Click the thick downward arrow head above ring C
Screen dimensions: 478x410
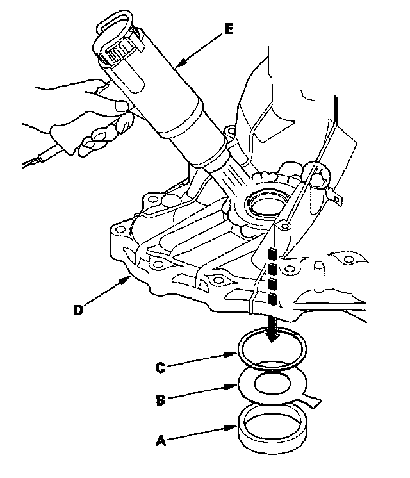[x=273, y=334]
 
